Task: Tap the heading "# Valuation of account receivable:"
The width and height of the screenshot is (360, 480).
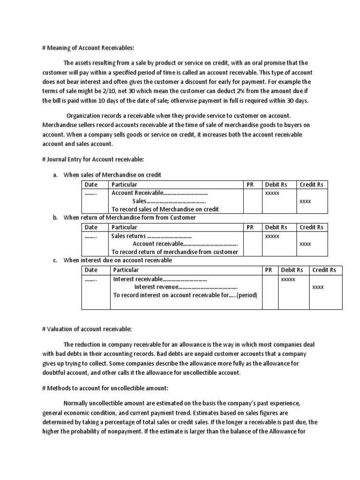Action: (x=87, y=329)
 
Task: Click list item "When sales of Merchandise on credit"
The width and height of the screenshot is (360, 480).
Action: (x=112, y=175)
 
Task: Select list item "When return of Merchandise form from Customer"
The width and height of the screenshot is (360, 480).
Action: (x=129, y=217)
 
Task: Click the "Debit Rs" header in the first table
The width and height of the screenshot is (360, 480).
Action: (x=274, y=185)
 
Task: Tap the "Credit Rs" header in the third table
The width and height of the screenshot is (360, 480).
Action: (x=324, y=270)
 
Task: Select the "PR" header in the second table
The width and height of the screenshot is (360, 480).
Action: (x=250, y=227)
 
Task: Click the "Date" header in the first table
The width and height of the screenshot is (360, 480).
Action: (x=91, y=185)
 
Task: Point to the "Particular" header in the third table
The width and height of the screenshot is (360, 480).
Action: (x=126, y=270)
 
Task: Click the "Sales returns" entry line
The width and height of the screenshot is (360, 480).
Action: (x=151, y=236)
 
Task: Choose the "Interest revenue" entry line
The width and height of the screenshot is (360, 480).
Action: (x=186, y=287)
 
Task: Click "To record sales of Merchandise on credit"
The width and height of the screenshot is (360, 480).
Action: (x=165, y=210)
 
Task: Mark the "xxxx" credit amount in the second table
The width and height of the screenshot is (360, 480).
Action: (x=305, y=244)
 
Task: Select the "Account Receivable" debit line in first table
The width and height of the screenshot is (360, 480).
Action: (x=159, y=193)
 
